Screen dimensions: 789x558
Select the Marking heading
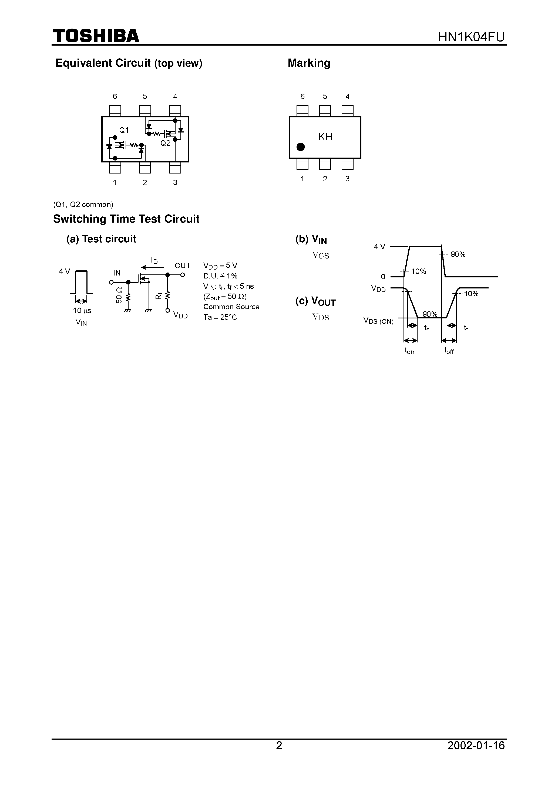point(309,63)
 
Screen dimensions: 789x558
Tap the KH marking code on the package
point(325,137)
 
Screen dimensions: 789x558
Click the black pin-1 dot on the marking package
point(300,147)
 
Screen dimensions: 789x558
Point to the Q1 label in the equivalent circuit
point(124,130)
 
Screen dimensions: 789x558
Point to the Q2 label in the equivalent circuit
point(166,143)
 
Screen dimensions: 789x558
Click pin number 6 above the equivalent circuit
point(115,97)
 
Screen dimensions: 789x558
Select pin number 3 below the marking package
point(347,179)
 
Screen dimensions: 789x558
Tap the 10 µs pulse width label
point(82,311)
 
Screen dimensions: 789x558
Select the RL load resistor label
point(159,295)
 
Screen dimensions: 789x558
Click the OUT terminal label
point(182,266)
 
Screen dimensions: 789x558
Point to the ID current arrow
point(149,267)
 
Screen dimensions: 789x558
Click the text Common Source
point(231,307)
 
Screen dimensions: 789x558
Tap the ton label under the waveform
point(409,351)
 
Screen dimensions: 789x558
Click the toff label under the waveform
point(449,351)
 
